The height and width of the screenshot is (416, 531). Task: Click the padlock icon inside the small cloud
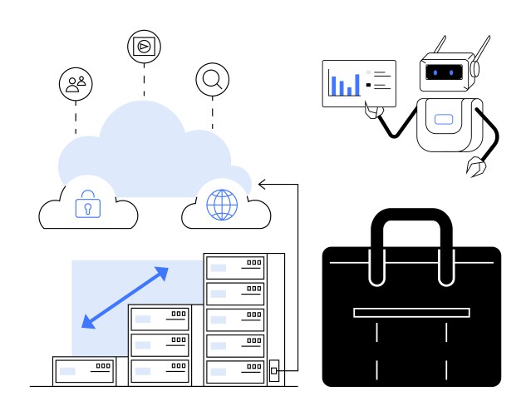pos(87,205)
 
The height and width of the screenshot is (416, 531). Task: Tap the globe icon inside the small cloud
pos(221,205)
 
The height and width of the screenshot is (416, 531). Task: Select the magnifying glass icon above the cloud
pos(212,79)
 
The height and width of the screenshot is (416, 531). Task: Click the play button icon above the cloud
pos(143,47)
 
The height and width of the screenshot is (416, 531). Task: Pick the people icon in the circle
pos(76,83)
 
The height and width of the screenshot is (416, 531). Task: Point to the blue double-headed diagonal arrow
pos(125,297)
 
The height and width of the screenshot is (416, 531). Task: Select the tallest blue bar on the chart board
pos(357,83)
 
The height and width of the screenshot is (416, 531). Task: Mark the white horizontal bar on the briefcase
pos(411,313)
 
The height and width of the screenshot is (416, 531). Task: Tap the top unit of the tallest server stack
pos(235,267)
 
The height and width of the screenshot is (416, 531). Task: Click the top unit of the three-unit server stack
pos(159,318)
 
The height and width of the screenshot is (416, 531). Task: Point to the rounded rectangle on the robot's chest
pos(444,119)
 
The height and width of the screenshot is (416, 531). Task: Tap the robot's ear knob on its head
pos(476,71)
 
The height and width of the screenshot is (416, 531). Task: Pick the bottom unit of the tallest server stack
pos(235,369)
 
